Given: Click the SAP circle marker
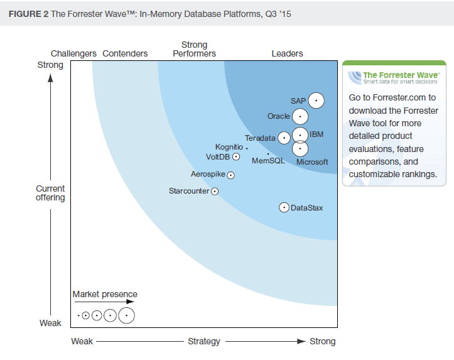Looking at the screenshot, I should click(x=316, y=101).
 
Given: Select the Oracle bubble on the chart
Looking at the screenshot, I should click(x=300, y=116).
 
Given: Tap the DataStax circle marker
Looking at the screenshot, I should click(x=284, y=207).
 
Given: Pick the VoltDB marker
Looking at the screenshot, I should click(x=236, y=156).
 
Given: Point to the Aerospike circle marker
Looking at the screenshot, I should click(x=230, y=175).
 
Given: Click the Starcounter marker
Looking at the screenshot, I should click(x=215, y=191).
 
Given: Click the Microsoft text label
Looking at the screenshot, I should click(x=312, y=162).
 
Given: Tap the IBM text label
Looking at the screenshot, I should click(x=316, y=134).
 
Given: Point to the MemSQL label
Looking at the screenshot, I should click(x=268, y=161).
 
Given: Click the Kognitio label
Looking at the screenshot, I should click(x=229, y=147).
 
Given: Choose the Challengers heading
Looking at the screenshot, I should click(x=73, y=54).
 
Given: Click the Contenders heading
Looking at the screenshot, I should click(x=125, y=54).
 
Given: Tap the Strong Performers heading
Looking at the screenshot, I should click(x=194, y=50).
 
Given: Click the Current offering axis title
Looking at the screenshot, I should click(x=50, y=193).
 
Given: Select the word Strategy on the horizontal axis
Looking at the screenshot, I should click(x=204, y=342).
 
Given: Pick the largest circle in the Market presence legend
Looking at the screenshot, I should click(x=126, y=315).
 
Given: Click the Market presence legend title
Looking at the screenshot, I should click(x=105, y=294).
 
